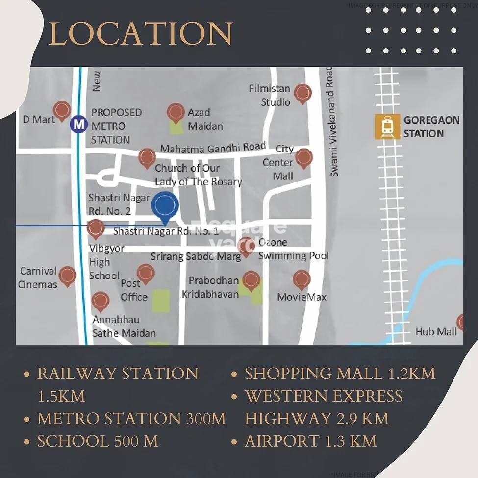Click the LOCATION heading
(141, 33)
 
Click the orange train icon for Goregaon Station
(387, 126)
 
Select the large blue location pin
(165, 206)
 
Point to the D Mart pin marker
(62, 110)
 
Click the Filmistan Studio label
(270, 95)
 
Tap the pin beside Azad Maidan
(176, 112)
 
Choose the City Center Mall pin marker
(304, 158)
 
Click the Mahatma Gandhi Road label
(213, 147)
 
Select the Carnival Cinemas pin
(67, 276)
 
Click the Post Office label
(134, 290)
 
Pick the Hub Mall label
(436, 331)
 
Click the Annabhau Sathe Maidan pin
(101, 301)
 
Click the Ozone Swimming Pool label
(293, 249)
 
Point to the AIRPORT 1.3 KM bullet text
(311, 441)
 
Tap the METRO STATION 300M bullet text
(131, 418)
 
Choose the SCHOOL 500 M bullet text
(98, 441)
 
